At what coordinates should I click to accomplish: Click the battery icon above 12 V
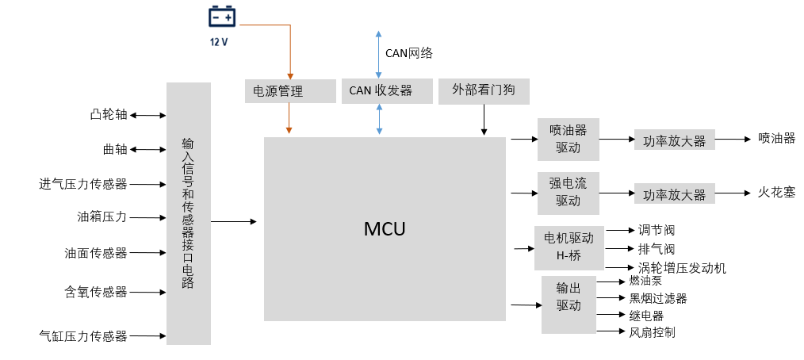point(221,17)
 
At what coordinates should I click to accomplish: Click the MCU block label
point(385,229)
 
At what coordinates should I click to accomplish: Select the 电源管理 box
point(289,91)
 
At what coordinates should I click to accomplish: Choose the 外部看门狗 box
point(483,90)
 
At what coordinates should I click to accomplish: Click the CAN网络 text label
point(409,53)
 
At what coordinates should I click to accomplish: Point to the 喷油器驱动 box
point(568,139)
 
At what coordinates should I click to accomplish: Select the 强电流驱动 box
point(568,193)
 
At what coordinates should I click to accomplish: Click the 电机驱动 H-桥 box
point(569,247)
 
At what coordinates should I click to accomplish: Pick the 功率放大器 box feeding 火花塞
point(674,194)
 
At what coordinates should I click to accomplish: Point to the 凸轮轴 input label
point(109,115)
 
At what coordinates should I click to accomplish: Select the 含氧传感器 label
point(96,292)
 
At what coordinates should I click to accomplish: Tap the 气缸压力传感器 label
point(83,336)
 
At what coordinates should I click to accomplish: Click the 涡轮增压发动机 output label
point(682,268)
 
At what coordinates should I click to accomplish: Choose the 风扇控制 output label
point(652,332)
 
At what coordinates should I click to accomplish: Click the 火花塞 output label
point(776,193)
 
